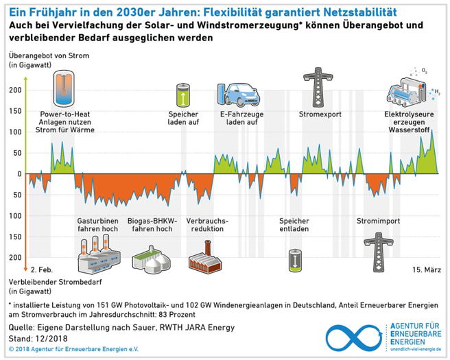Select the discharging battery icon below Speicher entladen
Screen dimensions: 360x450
pyautogui.click(x=294, y=261)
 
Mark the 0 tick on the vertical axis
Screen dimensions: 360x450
pyautogui.click(x=20, y=173)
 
